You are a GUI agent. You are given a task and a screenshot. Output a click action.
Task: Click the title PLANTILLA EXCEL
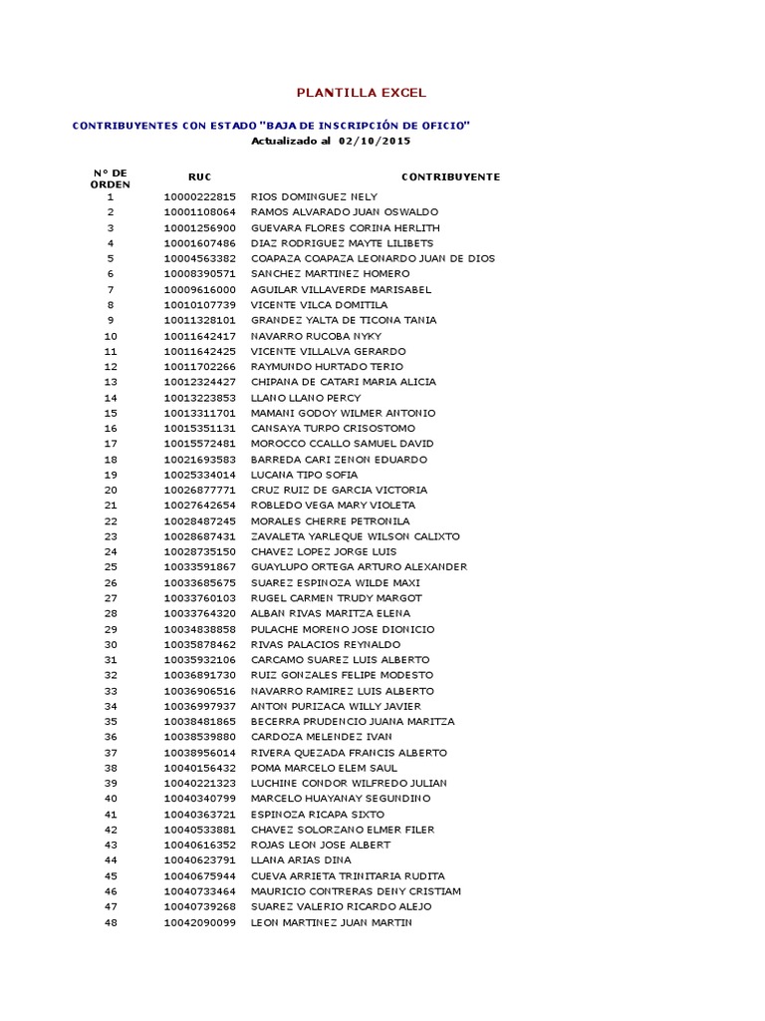[361, 93]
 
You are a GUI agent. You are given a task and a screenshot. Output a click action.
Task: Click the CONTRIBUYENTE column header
[450, 177]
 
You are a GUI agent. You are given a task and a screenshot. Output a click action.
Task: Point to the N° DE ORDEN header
[110, 178]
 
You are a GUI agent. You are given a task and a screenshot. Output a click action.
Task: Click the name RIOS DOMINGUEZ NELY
[314, 196]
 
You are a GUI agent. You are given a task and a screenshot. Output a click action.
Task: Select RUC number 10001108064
[199, 212]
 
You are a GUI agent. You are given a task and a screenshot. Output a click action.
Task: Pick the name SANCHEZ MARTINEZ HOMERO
[330, 274]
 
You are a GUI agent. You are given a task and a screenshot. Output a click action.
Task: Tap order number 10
[111, 336]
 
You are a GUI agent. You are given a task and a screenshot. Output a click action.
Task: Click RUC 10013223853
[199, 398]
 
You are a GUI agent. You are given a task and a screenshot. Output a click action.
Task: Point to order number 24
[111, 551]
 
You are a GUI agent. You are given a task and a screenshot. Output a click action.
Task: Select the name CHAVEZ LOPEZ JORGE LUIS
[324, 551]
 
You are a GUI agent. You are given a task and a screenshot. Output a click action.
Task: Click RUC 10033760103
[199, 598]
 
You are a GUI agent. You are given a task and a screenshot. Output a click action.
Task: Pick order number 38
[111, 768]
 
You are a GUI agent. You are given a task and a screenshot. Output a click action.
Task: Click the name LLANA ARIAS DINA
[300, 860]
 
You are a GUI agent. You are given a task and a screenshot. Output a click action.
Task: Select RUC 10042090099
[199, 922]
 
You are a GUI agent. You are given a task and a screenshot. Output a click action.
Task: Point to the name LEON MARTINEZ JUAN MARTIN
[331, 922]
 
